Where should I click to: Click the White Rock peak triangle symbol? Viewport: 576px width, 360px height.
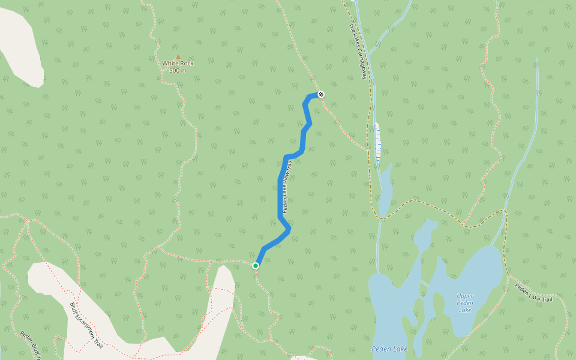point(178,57)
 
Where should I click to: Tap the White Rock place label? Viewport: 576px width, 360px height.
point(178,63)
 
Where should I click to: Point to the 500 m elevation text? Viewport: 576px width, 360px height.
point(178,70)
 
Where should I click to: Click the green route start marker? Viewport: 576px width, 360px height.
point(256,265)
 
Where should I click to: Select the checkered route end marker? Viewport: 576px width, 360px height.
point(321,94)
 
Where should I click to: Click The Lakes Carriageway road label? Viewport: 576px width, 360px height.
point(358,52)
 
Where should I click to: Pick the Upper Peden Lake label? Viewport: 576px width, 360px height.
point(465,302)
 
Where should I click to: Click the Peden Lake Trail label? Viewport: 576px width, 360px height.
point(533,292)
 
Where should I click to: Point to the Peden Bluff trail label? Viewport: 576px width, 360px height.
point(30,345)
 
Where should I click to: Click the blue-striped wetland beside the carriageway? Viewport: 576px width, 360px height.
point(377,140)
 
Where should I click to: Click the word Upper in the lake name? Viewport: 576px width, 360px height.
point(465,295)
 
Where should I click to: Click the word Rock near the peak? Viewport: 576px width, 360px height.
point(186,63)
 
